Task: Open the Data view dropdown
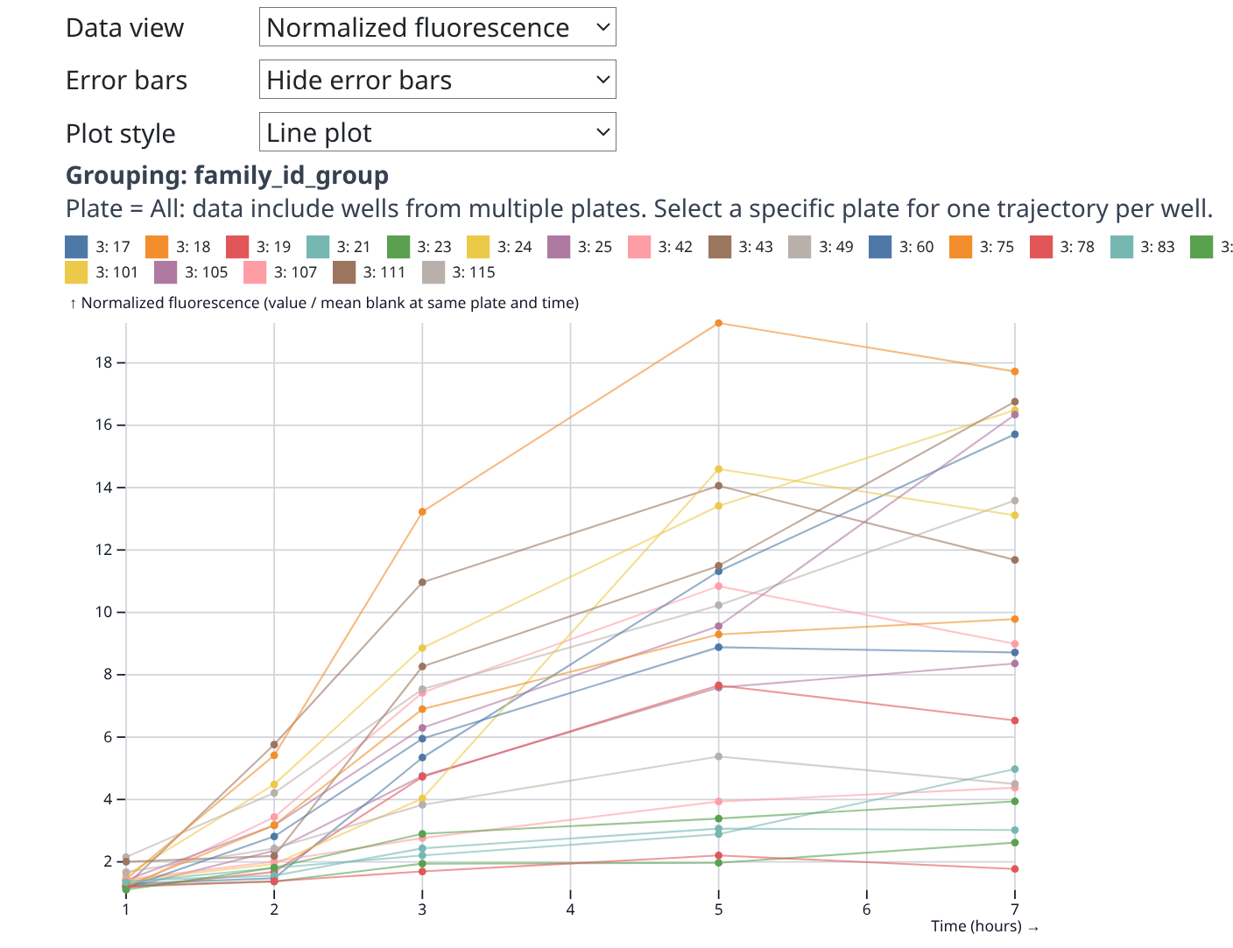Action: [x=437, y=27]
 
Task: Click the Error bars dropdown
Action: [x=437, y=80]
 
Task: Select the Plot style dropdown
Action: [x=437, y=132]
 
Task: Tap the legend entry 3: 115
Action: [x=459, y=272]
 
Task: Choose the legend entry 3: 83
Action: [x=1143, y=247]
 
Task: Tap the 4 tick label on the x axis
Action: [x=570, y=909]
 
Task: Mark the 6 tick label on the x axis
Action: [x=867, y=909]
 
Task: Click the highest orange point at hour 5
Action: [x=719, y=323]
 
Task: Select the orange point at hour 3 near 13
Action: [x=422, y=511]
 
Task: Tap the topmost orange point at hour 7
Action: [x=1015, y=371]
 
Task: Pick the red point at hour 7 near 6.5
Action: [x=1015, y=720]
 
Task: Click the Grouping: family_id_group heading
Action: [x=227, y=175]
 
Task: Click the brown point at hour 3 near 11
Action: [x=422, y=582]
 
